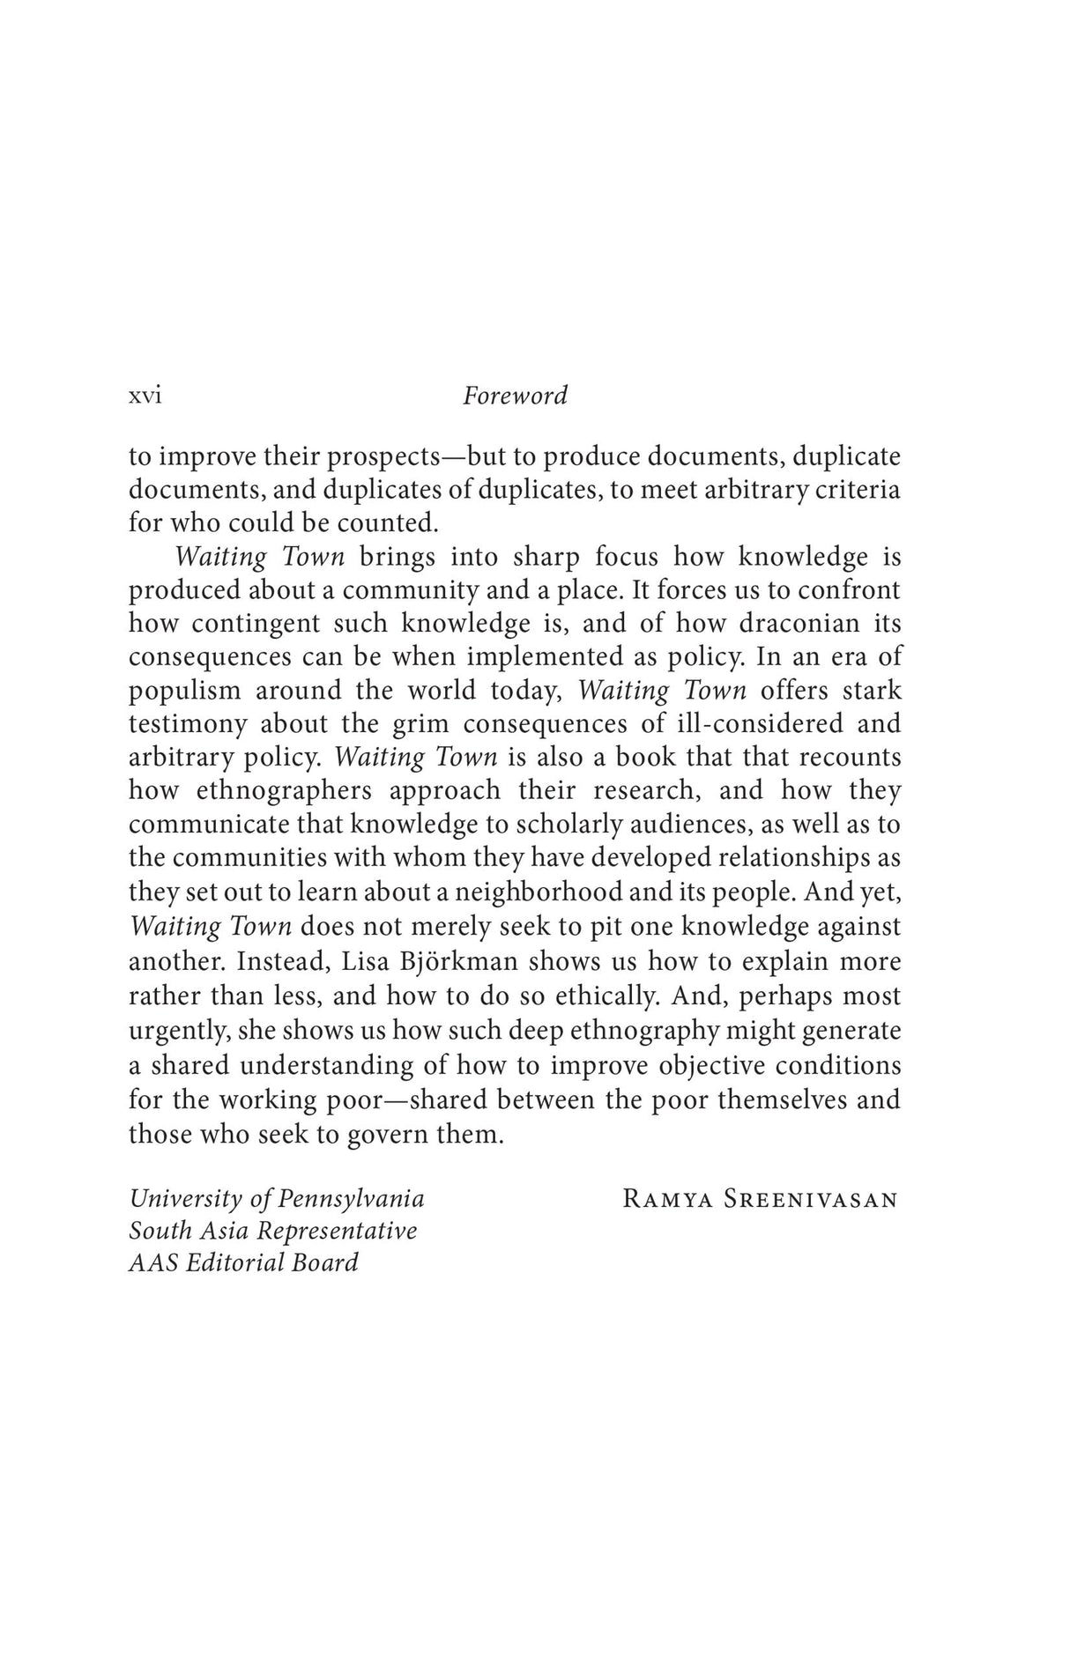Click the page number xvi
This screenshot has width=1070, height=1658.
(145, 396)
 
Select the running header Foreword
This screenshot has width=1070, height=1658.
(515, 396)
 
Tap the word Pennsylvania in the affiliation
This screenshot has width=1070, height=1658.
(352, 1199)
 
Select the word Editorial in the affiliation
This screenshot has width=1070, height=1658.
(235, 1262)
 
